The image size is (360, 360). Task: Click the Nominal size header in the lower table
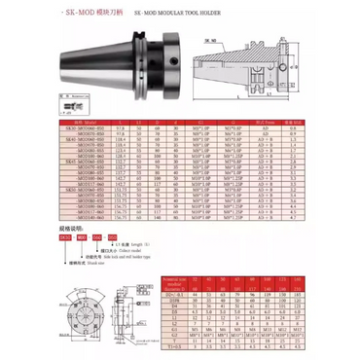pyautogui.click(x=199, y=282)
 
